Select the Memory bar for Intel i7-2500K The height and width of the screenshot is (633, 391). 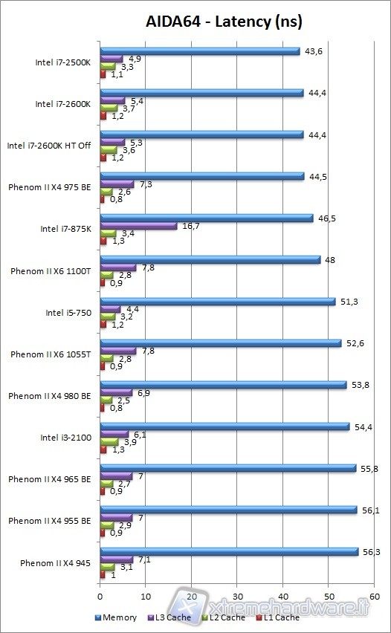[x=199, y=51]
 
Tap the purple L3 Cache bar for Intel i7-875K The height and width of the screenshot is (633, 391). [x=138, y=226]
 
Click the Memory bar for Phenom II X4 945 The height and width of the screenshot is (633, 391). [x=229, y=551]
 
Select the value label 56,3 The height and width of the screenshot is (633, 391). [x=370, y=551]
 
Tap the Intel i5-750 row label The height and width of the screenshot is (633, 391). [x=69, y=313]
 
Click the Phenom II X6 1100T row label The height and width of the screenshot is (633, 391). [x=51, y=271]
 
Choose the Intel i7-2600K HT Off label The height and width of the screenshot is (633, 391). [x=49, y=146]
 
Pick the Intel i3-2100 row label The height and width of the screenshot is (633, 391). [x=66, y=438]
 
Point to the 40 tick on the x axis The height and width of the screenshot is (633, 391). [x=282, y=595]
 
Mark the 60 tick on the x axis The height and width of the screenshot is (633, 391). [x=374, y=595]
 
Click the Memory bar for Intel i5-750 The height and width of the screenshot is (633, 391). [x=218, y=302]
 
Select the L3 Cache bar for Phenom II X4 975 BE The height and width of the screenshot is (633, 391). [x=117, y=184]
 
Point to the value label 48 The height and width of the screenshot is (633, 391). [x=329, y=259]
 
